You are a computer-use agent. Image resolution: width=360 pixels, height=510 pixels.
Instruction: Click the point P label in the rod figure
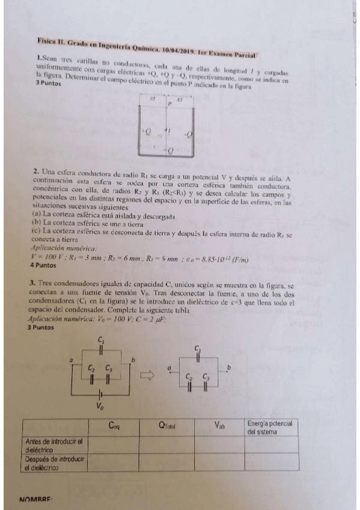pos(169,104)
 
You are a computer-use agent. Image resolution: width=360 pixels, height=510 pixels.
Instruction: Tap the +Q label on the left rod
pos(145,129)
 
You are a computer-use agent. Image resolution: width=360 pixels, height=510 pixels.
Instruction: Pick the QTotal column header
pos(167,426)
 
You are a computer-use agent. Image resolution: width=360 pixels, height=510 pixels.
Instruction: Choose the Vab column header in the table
pos(220,426)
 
